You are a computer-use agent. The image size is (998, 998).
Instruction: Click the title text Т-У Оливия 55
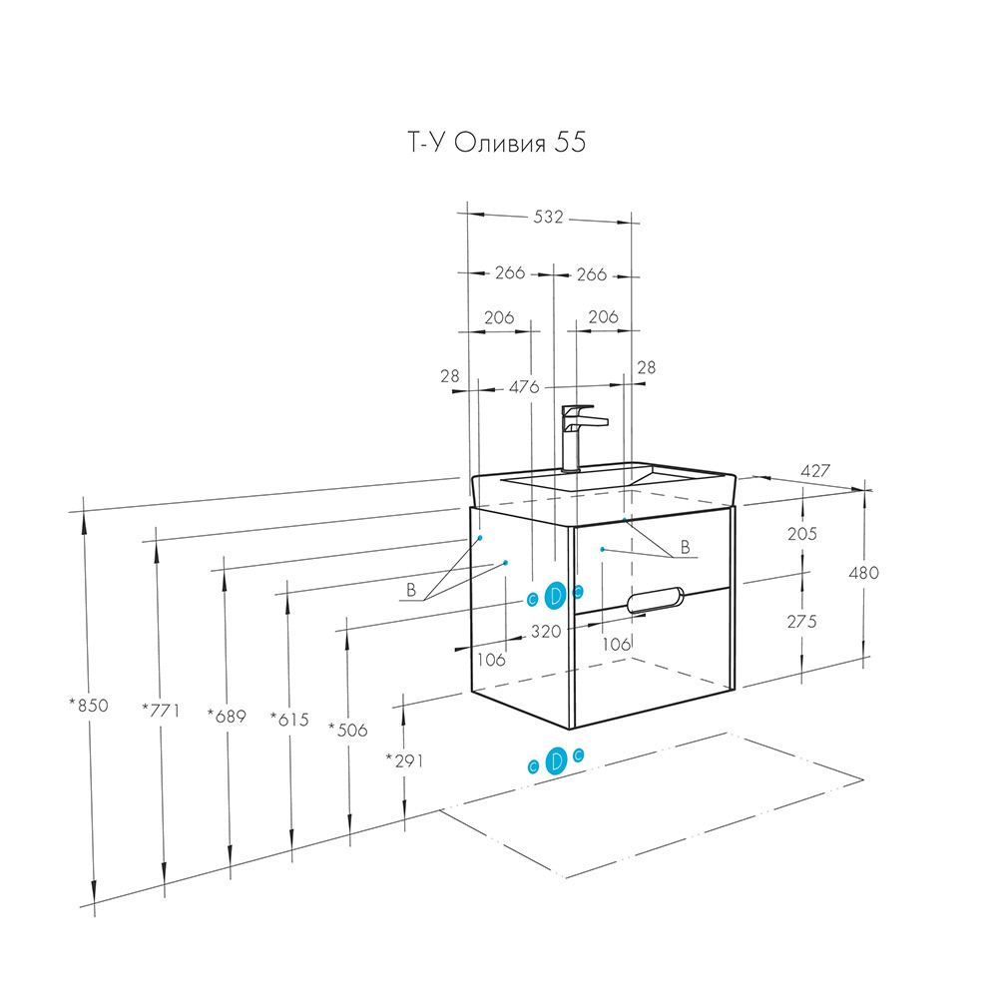pyautogui.click(x=495, y=143)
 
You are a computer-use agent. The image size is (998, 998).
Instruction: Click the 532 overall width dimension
pyautogui.click(x=549, y=217)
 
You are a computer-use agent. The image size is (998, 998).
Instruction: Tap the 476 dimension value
pyautogui.click(x=523, y=386)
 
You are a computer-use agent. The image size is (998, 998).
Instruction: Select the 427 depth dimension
pyautogui.click(x=814, y=470)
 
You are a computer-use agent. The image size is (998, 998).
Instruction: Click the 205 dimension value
pyautogui.click(x=801, y=534)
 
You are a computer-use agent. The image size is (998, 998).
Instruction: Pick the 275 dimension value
pyautogui.click(x=801, y=621)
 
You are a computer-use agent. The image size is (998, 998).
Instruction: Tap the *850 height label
pyautogui.click(x=88, y=706)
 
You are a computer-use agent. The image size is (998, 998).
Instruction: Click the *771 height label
pyautogui.click(x=159, y=711)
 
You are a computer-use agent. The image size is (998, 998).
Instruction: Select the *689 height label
pyautogui.click(x=226, y=715)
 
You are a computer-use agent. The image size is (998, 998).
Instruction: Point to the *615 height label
pyautogui.click(x=290, y=718)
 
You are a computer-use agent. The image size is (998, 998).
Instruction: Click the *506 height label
pyautogui.click(x=347, y=730)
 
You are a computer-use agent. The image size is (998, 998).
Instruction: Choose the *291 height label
pyautogui.click(x=404, y=760)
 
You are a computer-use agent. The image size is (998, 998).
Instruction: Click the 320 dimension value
pyautogui.click(x=545, y=631)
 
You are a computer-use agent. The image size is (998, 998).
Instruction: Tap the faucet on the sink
pyautogui.click(x=577, y=435)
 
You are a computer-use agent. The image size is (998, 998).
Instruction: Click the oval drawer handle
pyautogui.click(x=653, y=599)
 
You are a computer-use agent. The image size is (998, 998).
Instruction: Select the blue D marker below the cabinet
pyautogui.click(x=557, y=760)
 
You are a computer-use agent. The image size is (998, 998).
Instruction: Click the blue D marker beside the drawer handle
pyautogui.click(x=556, y=595)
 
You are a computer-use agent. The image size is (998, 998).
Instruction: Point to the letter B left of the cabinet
pyautogui.click(x=410, y=591)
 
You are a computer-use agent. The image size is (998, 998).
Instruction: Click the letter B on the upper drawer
pyautogui.click(x=685, y=547)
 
